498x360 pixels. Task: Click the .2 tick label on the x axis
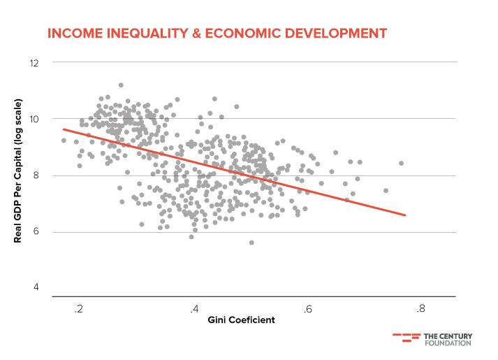pyautogui.click(x=80, y=308)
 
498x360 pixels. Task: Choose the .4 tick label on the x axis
pyautogui.click(x=193, y=308)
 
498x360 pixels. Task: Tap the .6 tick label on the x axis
pyautogui.click(x=307, y=308)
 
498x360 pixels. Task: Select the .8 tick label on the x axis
pyautogui.click(x=420, y=308)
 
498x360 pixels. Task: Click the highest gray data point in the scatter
pyautogui.click(x=121, y=85)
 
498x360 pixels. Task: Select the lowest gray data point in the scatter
pyautogui.click(x=251, y=242)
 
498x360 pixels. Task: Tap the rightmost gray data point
pyautogui.click(x=402, y=163)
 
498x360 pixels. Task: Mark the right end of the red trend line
pyautogui.click(x=405, y=215)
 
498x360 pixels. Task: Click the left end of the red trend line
pyautogui.click(x=64, y=129)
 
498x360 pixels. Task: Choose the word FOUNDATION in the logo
pyautogui.click(x=448, y=343)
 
